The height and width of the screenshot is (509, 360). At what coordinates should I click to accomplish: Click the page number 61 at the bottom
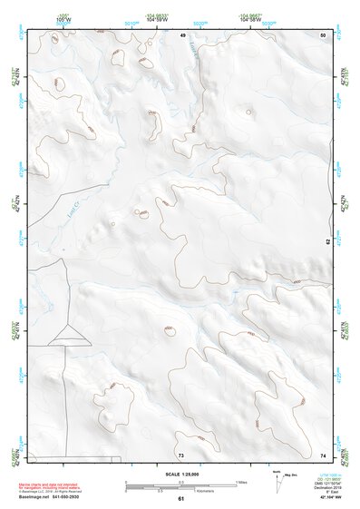[x=180, y=499]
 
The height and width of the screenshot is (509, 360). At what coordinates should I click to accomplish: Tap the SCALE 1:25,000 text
[x=180, y=475]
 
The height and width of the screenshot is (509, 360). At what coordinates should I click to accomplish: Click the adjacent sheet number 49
[x=182, y=34]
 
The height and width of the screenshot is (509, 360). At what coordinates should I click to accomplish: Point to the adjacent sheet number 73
[x=180, y=455]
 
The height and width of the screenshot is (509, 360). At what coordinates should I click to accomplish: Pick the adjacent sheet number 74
[x=323, y=455]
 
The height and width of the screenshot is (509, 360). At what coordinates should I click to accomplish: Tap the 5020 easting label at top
[x=209, y=24]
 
